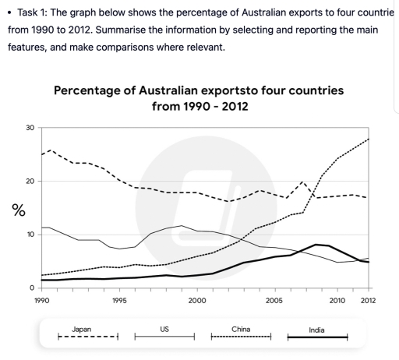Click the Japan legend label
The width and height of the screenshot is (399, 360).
click(x=81, y=330)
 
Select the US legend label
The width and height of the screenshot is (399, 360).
click(x=164, y=330)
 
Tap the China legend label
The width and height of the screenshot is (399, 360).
click(x=241, y=330)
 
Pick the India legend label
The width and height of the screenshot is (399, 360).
click(x=317, y=330)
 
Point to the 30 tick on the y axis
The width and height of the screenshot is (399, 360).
click(x=30, y=128)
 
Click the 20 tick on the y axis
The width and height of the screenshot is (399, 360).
click(x=30, y=182)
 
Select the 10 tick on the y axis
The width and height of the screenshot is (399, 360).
click(x=30, y=235)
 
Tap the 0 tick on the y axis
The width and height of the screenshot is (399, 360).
click(x=32, y=288)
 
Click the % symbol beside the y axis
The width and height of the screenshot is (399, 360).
click(x=16, y=210)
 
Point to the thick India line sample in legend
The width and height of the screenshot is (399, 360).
click(x=317, y=337)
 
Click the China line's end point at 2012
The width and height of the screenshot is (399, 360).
click(x=368, y=139)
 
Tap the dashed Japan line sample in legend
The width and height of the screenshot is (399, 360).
click(x=88, y=337)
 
